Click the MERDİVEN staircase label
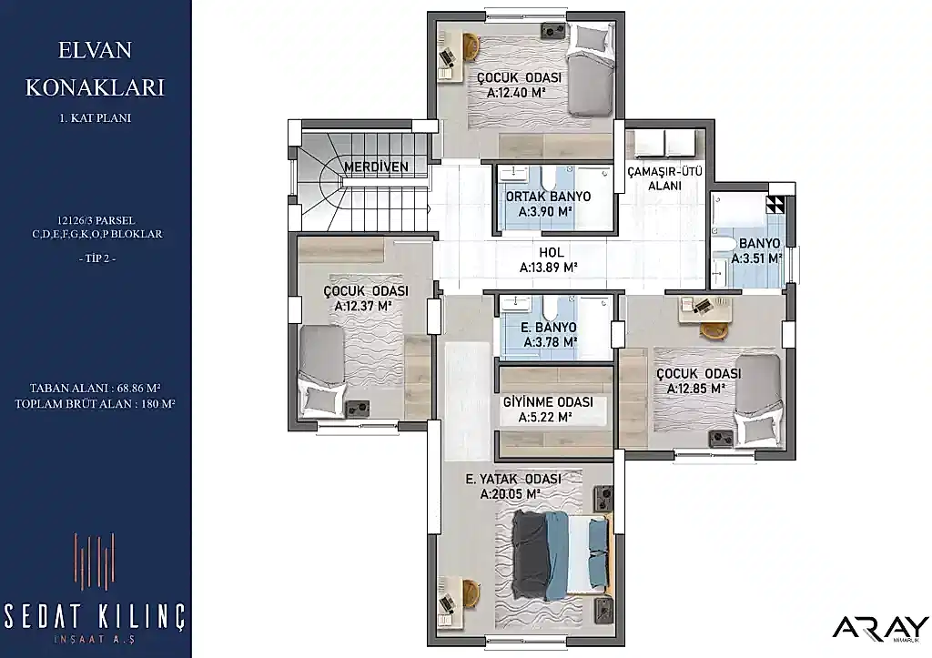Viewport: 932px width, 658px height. [376, 167]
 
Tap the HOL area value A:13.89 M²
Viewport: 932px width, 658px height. [549, 268]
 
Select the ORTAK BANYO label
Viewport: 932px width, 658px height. [548, 197]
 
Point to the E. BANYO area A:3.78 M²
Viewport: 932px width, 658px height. [551, 342]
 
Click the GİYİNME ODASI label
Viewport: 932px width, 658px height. [548, 402]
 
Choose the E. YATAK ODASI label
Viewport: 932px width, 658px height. [513, 479]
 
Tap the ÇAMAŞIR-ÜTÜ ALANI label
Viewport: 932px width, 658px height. [665, 179]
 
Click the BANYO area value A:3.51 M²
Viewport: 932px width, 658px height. [756, 259]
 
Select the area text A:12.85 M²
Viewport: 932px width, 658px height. [695, 389]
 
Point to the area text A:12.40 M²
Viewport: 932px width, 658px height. [516, 94]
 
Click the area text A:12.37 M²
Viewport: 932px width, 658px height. [362, 307]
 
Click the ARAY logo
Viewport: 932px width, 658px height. [880, 629]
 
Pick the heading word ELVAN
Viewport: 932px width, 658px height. [95, 50]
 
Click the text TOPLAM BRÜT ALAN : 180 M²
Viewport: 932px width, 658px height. [95, 404]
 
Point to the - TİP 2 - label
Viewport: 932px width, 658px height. [96, 258]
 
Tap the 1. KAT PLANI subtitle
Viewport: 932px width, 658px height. [95, 117]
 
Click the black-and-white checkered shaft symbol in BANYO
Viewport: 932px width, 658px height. [775, 206]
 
